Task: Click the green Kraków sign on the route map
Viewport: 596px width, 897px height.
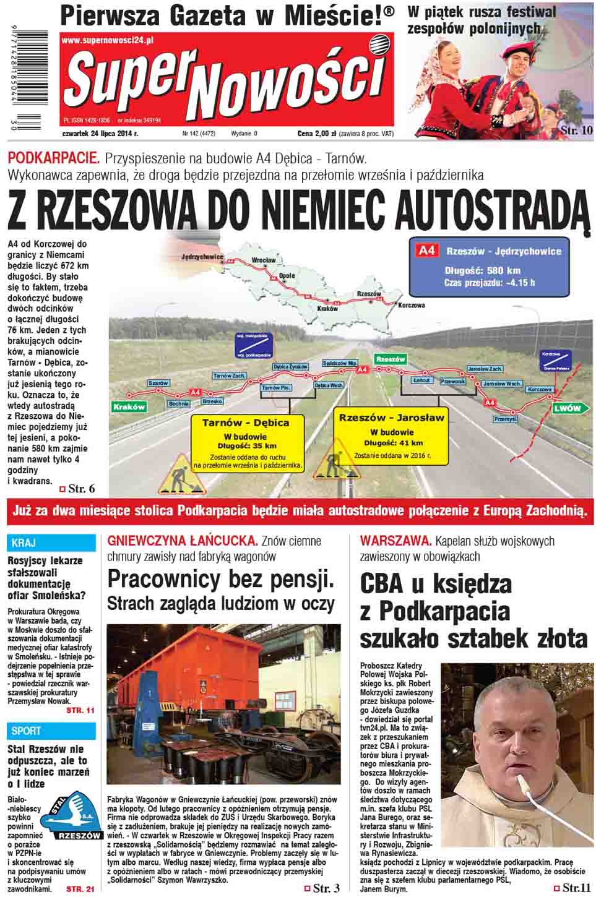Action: [129, 406]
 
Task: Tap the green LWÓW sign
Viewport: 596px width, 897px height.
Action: [567, 408]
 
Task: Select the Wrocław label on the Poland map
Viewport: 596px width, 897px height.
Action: [264, 260]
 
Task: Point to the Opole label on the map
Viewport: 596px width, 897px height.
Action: [287, 275]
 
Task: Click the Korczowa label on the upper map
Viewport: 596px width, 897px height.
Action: [412, 305]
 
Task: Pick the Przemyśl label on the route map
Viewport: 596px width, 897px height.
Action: [505, 419]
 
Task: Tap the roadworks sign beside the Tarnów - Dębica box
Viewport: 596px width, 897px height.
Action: [178, 474]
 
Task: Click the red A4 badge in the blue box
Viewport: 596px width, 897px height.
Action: [427, 251]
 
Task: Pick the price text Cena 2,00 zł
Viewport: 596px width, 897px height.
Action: [316, 133]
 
